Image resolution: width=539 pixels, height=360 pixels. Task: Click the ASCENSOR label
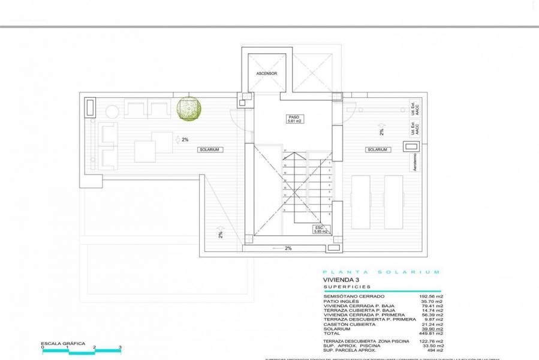click(266, 73)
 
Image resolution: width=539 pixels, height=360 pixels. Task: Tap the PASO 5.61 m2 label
click(293, 119)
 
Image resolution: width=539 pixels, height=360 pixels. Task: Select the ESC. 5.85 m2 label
click(321, 230)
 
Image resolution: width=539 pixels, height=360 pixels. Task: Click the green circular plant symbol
click(189, 109)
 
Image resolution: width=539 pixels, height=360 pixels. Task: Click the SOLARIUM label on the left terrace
click(210, 149)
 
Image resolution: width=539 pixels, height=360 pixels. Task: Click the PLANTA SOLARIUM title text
click(381, 272)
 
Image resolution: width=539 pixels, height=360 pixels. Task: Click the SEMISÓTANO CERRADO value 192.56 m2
click(432, 296)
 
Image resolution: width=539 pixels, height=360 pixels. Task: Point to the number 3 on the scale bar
click(121, 347)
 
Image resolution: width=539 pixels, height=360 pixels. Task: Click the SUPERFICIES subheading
click(344, 287)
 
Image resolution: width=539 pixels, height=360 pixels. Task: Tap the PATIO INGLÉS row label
click(341, 301)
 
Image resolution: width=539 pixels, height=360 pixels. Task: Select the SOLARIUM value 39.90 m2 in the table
click(432, 328)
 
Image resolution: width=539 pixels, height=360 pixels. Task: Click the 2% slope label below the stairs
click(288, 248)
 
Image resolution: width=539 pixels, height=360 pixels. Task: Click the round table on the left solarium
click(113, 112)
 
